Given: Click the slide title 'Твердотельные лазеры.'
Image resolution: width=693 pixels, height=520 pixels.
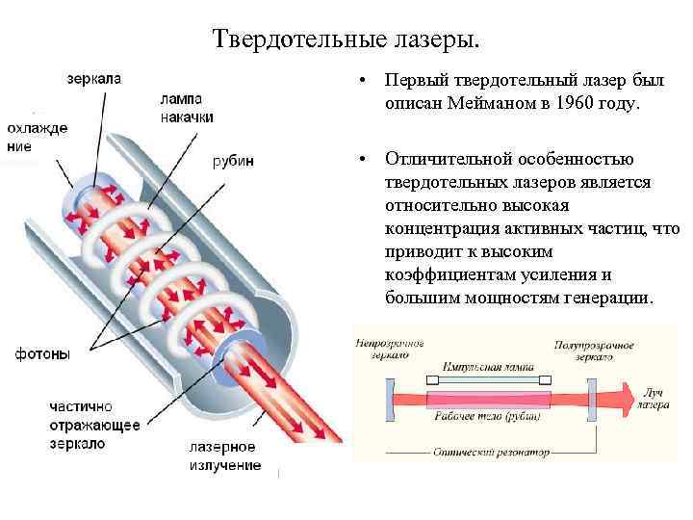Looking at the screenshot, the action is point(345,40).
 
